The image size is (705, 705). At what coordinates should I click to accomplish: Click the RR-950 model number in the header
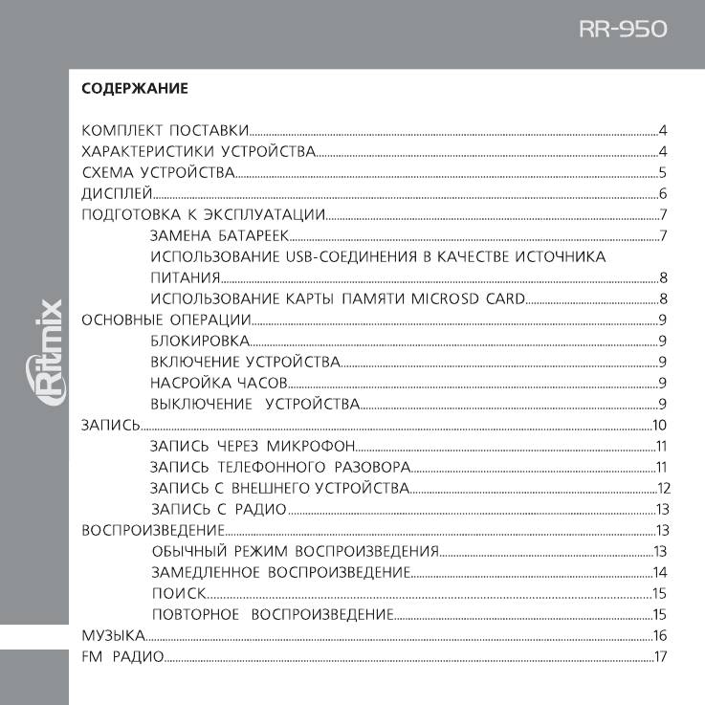tap(622, 31)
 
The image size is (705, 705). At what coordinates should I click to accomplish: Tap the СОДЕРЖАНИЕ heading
tap(135, 89)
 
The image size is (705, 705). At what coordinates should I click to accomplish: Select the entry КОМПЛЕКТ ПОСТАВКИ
tap(165, 130)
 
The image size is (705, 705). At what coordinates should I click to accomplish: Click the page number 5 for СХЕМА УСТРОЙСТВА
tap(661, 173)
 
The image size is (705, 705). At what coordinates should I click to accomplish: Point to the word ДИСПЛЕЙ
tap(113, 194)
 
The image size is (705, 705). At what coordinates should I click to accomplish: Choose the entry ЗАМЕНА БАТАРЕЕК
tap(220, 236)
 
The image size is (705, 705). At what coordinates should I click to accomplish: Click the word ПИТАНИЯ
tap(187, 278)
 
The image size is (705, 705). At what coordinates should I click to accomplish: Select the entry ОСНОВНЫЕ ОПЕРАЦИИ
tap(166, 320)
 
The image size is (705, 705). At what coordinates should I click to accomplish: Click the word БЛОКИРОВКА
tap(201, 341)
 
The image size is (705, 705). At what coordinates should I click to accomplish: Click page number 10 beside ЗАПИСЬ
tap(658, 426)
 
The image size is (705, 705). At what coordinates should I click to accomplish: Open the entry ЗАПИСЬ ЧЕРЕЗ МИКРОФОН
tap(253, 447)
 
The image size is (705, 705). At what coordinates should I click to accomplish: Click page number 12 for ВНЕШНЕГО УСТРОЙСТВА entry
tap(663, 488)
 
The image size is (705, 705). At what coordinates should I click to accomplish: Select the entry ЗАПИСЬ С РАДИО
tap(219, 509)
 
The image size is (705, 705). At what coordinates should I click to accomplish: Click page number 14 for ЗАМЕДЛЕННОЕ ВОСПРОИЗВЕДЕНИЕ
tap(659, 572)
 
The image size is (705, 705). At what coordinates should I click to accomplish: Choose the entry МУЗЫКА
tap(113, 635)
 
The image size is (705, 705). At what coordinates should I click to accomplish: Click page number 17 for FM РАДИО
tap(659, 656)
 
